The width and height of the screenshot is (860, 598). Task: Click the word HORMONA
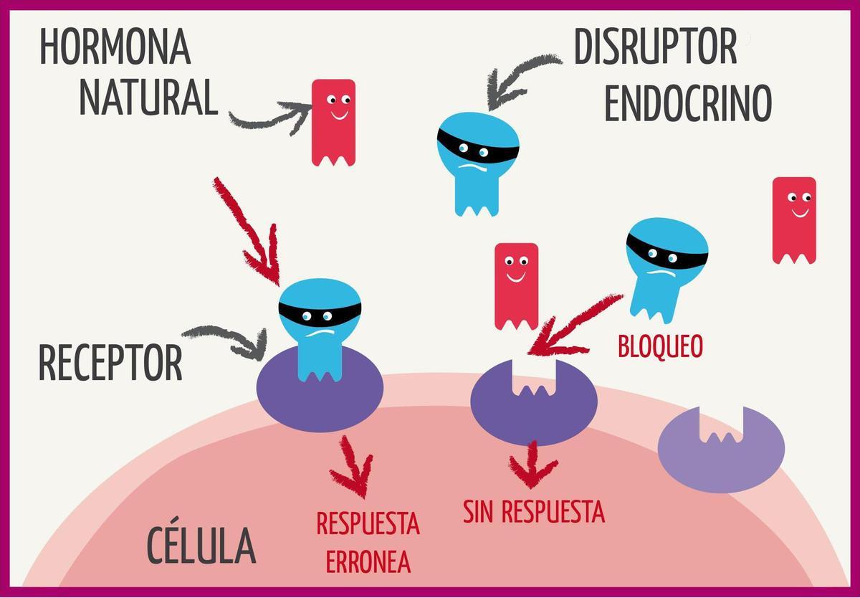(x=115, y=47)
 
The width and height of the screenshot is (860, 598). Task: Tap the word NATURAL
(x=148, y=98)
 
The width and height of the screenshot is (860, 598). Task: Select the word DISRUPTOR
(x=655, y=47)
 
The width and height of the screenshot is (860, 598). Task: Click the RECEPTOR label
(x=110, y=363)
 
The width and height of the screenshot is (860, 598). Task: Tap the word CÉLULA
(x=201, y=545)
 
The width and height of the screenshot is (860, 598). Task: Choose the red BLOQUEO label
(x=660, y=347)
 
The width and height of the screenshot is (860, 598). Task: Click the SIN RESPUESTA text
(x=534, y=512)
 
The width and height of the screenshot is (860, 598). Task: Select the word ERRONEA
(x=368, y=562)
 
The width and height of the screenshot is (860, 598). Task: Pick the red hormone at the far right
(x=794, y=218)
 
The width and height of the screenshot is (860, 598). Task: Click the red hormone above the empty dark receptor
(x=516, y=284)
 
